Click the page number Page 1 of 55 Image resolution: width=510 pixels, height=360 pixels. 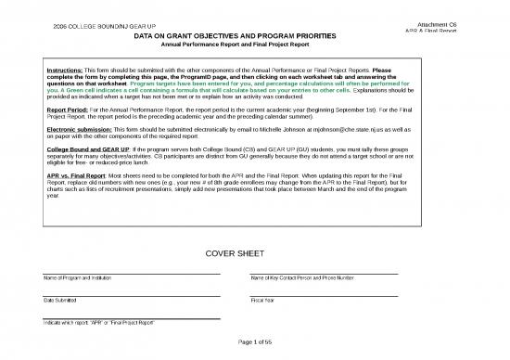(x=254, y=345)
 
